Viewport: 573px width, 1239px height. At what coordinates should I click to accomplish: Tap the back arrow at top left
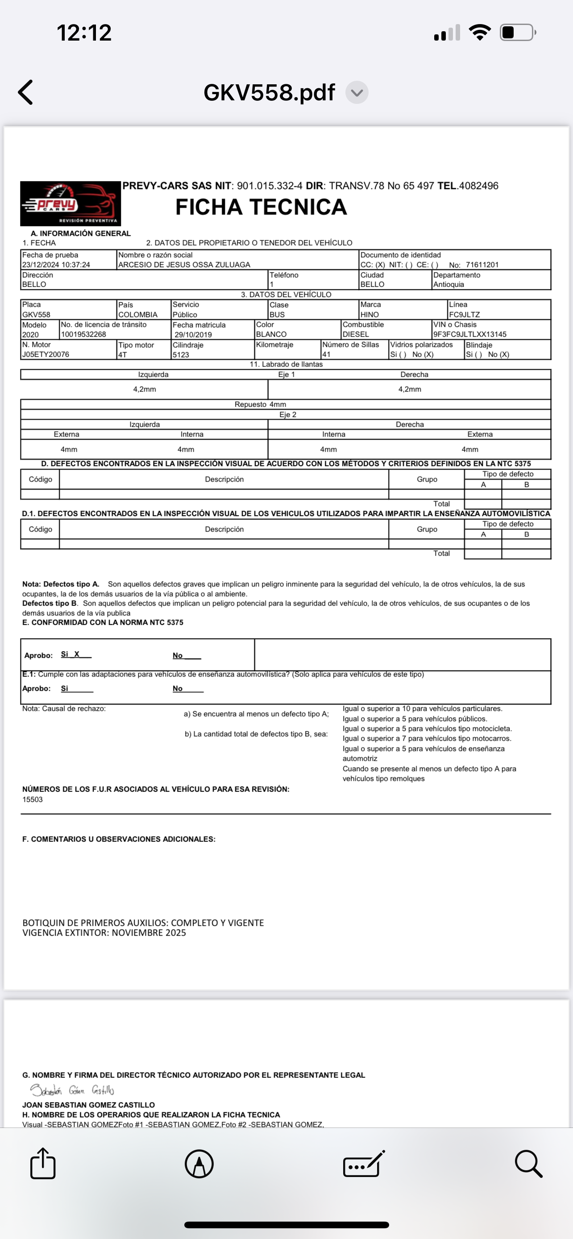pyautogui.click(x=25, y=92)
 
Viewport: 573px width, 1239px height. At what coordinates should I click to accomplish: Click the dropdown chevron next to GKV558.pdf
pyautogui.click(x=357, y=92)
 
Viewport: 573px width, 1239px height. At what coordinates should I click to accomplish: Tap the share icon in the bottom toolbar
pyautogui.click(x=43, y=1164)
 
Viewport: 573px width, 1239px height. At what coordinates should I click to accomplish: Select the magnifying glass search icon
pyautogui.click(x=528, y=1164)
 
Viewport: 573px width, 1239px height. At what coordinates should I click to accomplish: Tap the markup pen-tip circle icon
pyautogui.click(x=199, y=1164)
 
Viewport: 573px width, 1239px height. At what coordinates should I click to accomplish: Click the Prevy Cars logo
pyautogui.click(x=70, y=203)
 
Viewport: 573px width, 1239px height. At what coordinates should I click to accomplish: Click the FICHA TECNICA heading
pyautogui.click(x=261, y=207)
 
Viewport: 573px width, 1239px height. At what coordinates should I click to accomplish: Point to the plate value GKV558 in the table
pyautogui.click(x=36, y=314)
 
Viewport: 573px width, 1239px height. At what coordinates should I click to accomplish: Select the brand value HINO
pyautogui.click(x=370, y=314)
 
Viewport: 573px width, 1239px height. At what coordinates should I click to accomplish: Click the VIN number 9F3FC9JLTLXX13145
pyautogui.click(x=469, y=334)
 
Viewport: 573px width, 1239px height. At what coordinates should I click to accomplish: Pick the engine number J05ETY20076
pyautogui.click(x=46, y=355)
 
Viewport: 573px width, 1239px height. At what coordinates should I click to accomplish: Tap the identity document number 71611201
pyautogui.click(x=482, y=264)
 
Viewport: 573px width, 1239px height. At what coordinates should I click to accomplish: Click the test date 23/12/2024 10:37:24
pyautogui.click(x=56, y=264)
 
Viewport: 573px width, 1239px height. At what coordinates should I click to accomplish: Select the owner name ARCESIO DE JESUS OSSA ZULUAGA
pyautogui.click(x=184, y=264)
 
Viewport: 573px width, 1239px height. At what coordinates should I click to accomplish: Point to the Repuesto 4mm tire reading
pyautogui.click(x=260, y=405)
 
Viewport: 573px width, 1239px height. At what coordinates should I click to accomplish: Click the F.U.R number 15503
pyautogui.click(x=32, y=799)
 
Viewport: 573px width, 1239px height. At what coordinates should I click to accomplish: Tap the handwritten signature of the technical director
pyautogui.click(x=72, y=1090)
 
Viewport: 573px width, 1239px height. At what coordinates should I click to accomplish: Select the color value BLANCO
pyautogui.click(x=271, y=334)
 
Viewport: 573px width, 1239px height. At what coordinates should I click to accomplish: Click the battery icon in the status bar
pyautogui.click(x=518, y=33)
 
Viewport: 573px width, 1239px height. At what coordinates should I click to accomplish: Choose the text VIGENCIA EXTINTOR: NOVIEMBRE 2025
pyautogui.click(x=104, y=933)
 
